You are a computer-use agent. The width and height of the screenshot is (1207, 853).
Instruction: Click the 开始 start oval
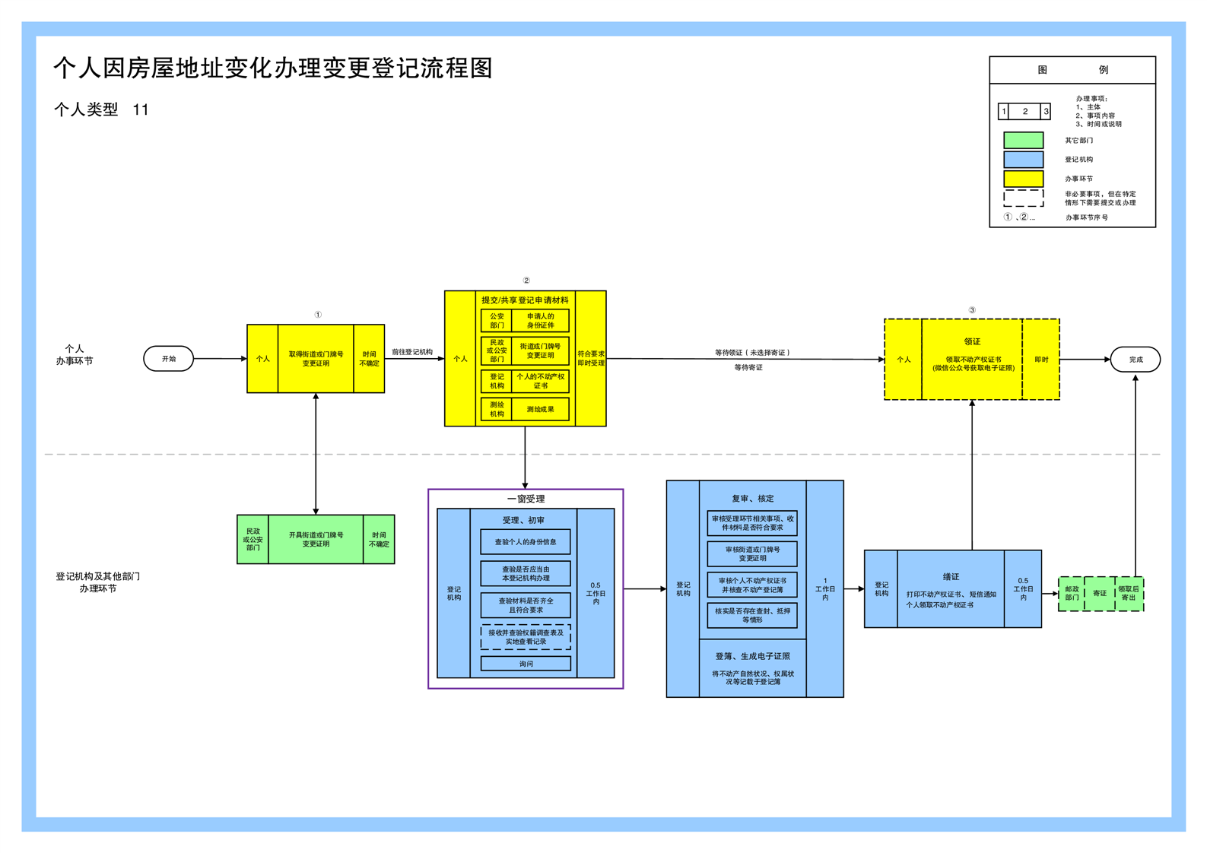click(168, 359)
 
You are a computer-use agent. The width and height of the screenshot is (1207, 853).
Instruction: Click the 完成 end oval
click(1135, 360)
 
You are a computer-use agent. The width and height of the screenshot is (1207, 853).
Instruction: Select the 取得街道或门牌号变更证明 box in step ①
click(316, 359)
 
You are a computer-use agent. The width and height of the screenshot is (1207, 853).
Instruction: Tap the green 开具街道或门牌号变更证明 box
click(316, 539)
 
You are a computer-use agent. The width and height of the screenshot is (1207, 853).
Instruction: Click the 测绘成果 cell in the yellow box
click(540, 410)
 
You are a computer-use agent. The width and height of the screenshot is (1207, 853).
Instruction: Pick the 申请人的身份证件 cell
click(540, 321)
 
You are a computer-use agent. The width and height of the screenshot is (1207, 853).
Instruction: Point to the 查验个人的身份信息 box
click(526, 542)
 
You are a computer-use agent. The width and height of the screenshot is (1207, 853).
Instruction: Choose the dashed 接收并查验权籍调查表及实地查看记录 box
click(526, 637)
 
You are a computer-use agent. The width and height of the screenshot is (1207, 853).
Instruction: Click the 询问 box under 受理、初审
click(526, 664)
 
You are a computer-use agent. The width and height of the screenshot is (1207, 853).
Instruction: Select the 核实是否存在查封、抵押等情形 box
click(752, 615)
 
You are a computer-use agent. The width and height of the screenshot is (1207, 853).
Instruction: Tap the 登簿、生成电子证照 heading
click(752, 656)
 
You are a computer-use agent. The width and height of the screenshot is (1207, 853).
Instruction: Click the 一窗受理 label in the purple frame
click(526, 499)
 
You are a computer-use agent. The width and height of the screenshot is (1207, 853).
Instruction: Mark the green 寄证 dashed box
click(1100, 594)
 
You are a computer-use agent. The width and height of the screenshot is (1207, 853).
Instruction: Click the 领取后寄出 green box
click(1129, 594)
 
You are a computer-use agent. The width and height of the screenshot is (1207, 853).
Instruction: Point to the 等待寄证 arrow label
click(748, 368)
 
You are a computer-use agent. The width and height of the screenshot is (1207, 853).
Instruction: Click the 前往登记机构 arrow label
click(412, 352)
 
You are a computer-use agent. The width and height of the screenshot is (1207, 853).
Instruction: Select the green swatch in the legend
click(1023, 141)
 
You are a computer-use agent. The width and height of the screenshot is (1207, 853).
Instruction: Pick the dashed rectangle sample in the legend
click(1023, 198)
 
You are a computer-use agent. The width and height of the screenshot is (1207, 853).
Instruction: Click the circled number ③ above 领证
click(972, 310)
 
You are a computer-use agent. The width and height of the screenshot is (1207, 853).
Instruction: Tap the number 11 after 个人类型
click(141, 110)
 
